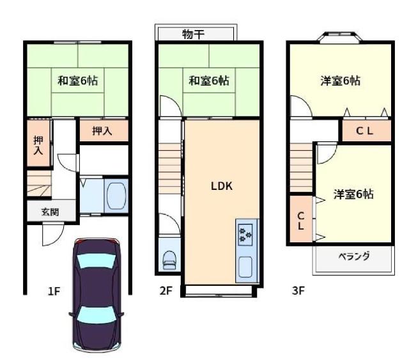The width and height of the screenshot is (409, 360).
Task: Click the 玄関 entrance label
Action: [50, 212]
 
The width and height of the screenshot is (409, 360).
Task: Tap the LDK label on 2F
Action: [222, 186]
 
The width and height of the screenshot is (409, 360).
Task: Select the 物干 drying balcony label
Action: [193, 34]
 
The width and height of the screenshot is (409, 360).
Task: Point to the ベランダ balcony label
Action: [354, 256]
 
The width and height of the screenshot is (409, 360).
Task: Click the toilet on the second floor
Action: [169, 260]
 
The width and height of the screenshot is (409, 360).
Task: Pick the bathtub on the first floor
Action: [116, 196]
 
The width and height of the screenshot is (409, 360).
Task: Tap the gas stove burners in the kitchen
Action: [245, 235]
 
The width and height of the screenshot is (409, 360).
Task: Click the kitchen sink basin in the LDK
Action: [245, 267]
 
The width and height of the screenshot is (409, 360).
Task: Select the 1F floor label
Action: [54, 291]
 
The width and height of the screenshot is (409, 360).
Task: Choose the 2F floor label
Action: [166, 290]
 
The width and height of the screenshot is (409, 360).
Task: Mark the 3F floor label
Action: [298, 290]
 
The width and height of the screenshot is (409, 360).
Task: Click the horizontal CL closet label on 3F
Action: [365, 131]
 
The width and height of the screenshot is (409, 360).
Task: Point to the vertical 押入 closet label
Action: [38, 145]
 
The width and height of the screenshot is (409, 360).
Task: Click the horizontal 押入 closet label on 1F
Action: [102, 131]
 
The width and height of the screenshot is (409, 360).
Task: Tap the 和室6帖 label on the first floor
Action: [78, 81]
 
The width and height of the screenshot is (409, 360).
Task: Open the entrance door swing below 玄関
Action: [53, 234]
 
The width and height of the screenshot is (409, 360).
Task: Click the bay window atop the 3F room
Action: [340, 36]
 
